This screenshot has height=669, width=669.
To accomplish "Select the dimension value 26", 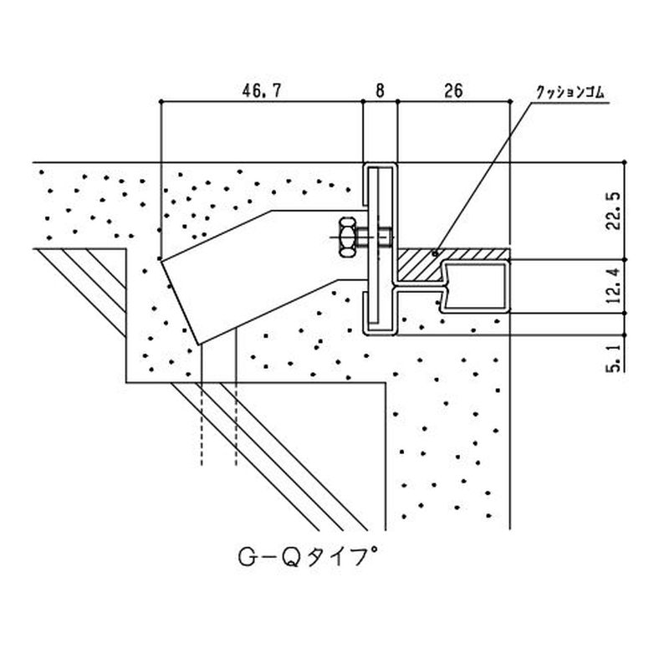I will coord(454,91).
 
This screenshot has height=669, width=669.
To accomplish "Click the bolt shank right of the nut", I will coord(380,237).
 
